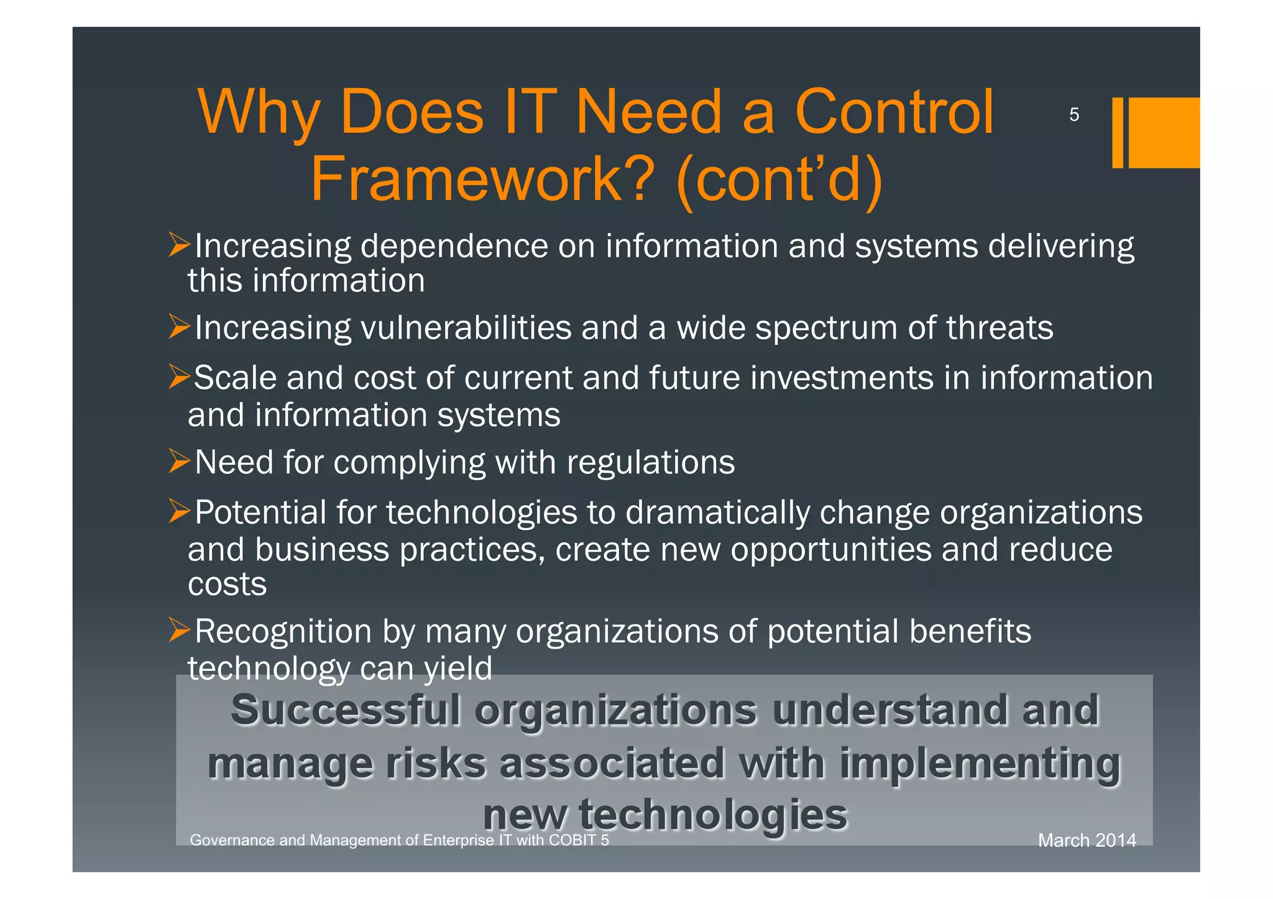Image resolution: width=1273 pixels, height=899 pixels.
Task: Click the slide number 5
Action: [x=1073, y=115]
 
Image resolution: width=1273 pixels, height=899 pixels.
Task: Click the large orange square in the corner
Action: [x=1163, y=132]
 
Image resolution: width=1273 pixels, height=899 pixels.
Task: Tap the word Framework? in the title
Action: [x=482, y=180]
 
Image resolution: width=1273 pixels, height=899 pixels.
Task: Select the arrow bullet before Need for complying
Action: [x=179, y=462]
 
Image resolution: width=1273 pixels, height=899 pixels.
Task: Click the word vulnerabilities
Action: [x=466, y=328]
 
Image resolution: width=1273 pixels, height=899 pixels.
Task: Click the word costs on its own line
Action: [x=227, y=585]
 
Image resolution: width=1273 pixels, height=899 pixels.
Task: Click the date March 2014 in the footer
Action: [x=1087, y=841]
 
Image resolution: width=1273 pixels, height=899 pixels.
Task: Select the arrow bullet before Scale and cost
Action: [x=179, y=377]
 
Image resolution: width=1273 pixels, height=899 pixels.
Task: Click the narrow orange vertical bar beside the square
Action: [x=1117, y=132]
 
